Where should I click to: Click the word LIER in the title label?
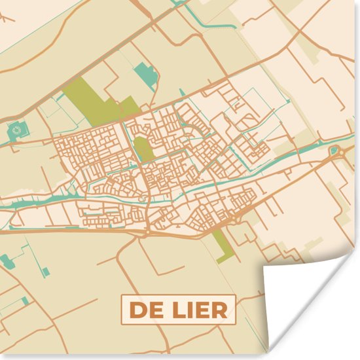click(199, 310)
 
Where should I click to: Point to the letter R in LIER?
click(221, 310)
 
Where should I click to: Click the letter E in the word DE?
click(154, 310)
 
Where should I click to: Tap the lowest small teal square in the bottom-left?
click(25, 300)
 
